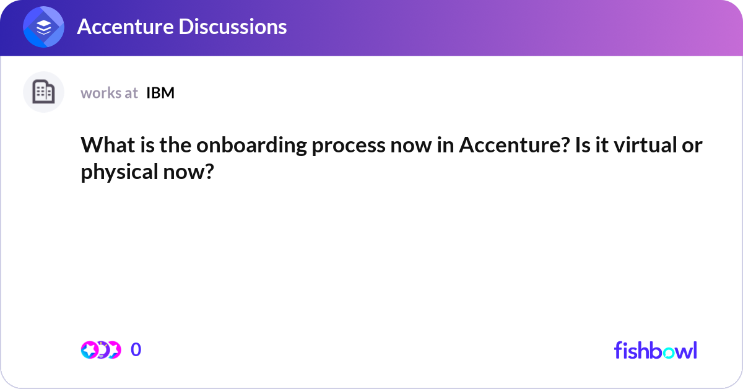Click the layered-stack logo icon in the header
(x=44, y=27)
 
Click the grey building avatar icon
(x=43, y=92)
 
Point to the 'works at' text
(x=109, y=93)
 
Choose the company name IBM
(x=160, y=93)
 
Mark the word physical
(x=115, y=172)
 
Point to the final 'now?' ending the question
(x=185, y=172)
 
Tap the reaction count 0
(x=136, y=350)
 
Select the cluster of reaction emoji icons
(x=101, y=350)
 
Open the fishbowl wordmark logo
(x=655, y=350)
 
